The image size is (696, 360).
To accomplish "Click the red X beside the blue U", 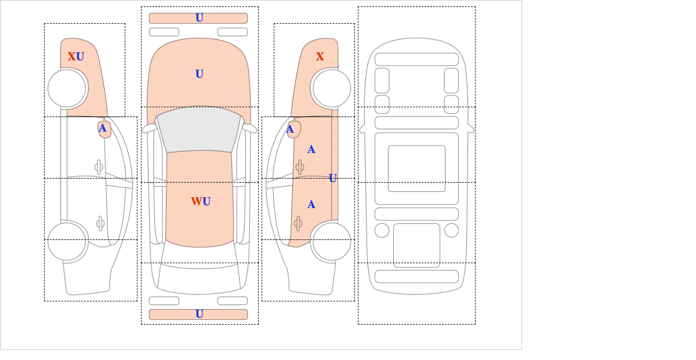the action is pyautogui.click(x=72, y=57).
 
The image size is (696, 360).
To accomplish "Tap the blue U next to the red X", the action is pyautogui.click(x=80, y=57).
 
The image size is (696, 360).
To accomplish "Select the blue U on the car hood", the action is pyautogui.click(x=200, y=74).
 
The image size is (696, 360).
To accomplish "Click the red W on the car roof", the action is pyautogui.click(x=197, y=202).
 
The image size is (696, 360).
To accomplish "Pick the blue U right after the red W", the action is pyautogui.click(x=206, y=202).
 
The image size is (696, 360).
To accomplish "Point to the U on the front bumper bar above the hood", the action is pyautogui.click(x=200, y=18).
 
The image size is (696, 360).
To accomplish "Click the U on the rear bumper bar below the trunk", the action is pyautogui.click(x=200, y=314).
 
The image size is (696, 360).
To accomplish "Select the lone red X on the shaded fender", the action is pyautogui.click(x=320, y=57).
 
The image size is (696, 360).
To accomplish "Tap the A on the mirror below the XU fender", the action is pyautogui.click(x=103, y=128).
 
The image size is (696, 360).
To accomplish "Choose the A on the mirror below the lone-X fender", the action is pyautogui.click(x=290, y=129).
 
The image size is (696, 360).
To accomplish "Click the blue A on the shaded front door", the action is pyautogui.click(x=311, y=150).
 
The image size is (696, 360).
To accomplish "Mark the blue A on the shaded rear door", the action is pyautogui.click(x=311, y=205).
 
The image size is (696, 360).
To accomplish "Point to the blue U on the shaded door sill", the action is pyautogui.click(x=333, y=179).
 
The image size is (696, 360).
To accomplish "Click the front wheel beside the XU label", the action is pyautogui.click(x=67, y=88).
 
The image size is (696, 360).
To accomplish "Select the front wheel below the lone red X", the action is pyautogui.click(x=332, y=88).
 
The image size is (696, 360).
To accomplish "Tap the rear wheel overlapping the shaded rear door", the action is pyautogui.click(x=332, y=242).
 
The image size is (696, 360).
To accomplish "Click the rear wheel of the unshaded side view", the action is pyautogui.click(x=67, y=242).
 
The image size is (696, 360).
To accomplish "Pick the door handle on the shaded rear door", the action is pyautogui.click(x=298, y=224).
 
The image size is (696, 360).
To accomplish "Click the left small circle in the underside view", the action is pyautogui.click(x=382, y=231).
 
